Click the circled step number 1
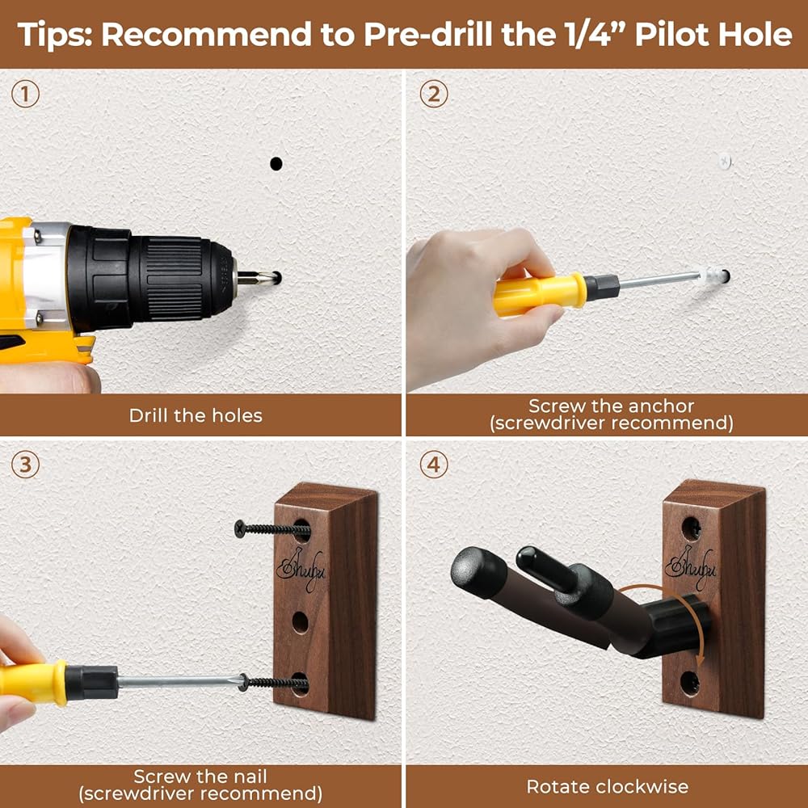click(x=25, y=95)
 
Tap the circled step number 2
click(x=433, y=95)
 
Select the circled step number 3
click(x=25, y=465)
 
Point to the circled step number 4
click(x=433, y=465)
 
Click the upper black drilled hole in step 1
click(x=276, y=164)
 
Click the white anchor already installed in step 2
click(x=725, y=162)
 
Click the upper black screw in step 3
click(x=271, y=529)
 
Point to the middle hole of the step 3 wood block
click(x=301, y=622)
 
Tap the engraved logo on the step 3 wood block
click(x=301, y=570)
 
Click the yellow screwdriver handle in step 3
click(x=33, y=683)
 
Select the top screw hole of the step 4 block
click(x=691, y=528)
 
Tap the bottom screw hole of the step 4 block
click(x=690, y=684)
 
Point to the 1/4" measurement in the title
click(x=592, y=35)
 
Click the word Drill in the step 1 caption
click(x=149, y=415)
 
